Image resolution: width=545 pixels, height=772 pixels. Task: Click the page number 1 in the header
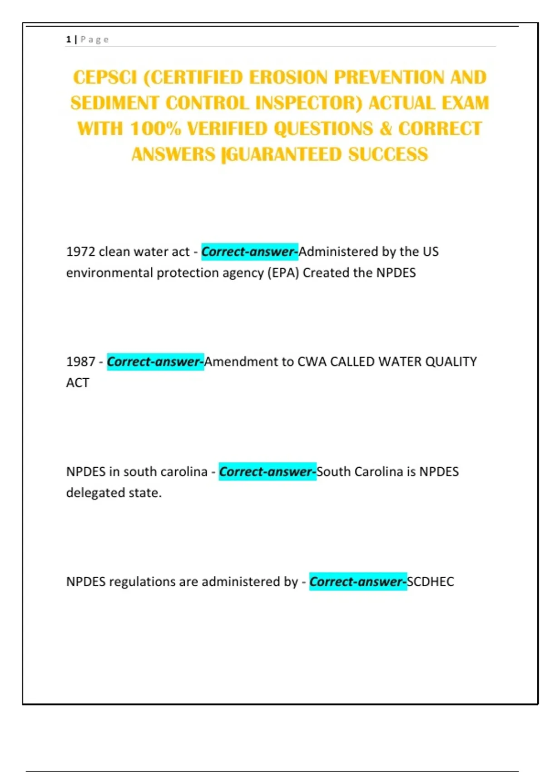pyautogui.click(x=68, y=40)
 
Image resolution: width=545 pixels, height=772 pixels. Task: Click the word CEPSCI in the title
pyautogui.click(x=105, y=78)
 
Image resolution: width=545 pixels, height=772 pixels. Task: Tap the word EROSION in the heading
pyautogui.click(x=288, y=78)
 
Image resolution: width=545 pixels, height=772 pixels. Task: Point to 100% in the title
pyautogui.click(x=155, y=129)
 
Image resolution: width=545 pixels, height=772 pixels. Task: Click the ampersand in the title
pyautogui.click(x=386, y=129)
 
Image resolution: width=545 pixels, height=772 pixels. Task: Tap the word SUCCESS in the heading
pyautogui.click(x=388, y=155)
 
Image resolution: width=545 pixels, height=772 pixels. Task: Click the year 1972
pyautogui.click(x=80, y=252)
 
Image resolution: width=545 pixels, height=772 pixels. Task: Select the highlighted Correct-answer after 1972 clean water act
pyautogui.click(x=249, y=252)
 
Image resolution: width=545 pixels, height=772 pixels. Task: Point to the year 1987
pyautogui.click(x=80, y=362)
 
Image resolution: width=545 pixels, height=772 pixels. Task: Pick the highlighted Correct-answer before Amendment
pyautogui.click(x=155, y=362)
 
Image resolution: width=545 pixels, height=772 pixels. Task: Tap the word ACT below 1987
pyautogui.click(x=78, y=383)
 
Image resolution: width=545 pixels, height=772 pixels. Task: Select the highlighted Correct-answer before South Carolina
pyautogui.click(x=268, y=472)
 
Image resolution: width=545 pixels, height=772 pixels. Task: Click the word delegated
pyautogui.click(x=90, y=493)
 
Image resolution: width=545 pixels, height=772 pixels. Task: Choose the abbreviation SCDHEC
pyautogui.click(x=431, y=582)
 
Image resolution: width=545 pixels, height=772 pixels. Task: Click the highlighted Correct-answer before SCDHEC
pyautogui.click(x=358, y=582)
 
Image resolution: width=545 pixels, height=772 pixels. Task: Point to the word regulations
pyautogui.click(x=142, y=582)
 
